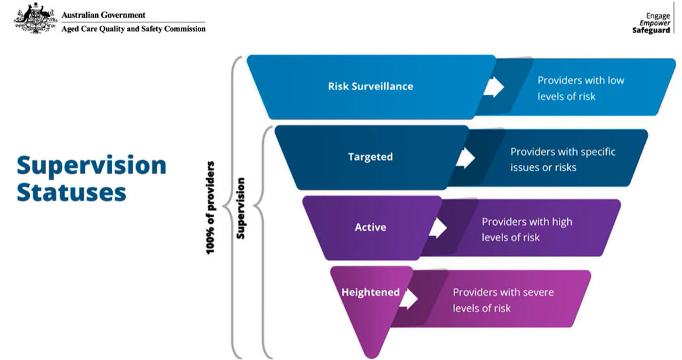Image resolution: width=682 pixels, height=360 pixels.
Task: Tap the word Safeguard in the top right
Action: click(x=651, y=30)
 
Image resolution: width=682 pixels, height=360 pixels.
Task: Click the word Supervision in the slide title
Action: click(x=91, y=165)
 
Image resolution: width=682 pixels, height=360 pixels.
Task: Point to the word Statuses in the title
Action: click(x=71, y=193)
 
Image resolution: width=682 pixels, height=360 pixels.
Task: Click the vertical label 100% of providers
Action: click(x=211, y=208)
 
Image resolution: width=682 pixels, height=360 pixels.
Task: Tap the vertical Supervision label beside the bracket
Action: click(x=241, y=208)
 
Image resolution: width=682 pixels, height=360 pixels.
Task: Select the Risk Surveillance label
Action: click(x=370, y=86)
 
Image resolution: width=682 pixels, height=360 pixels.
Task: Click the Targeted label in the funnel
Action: click(x=370, y=157)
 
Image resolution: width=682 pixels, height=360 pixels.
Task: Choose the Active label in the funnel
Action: click(x=370, y=227)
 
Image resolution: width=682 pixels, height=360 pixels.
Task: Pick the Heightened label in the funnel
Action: click(x=370, y=292)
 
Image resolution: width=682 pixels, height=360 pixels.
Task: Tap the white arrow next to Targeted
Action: click(x=465, y=158)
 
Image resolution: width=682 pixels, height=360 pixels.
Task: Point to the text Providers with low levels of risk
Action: click(x=580, y=89)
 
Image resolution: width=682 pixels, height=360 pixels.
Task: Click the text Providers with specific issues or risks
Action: click(x=562, y=160)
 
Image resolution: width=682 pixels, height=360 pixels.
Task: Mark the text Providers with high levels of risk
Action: click(x=526, y=230)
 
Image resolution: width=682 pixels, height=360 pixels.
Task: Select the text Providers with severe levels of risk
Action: click(x=502, y=300)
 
